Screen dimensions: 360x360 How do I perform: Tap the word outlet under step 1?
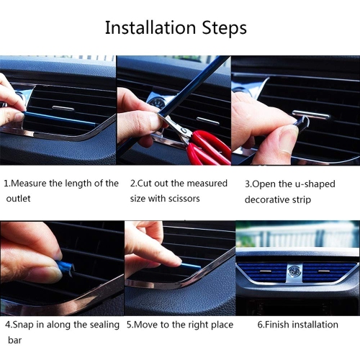point(19,198)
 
